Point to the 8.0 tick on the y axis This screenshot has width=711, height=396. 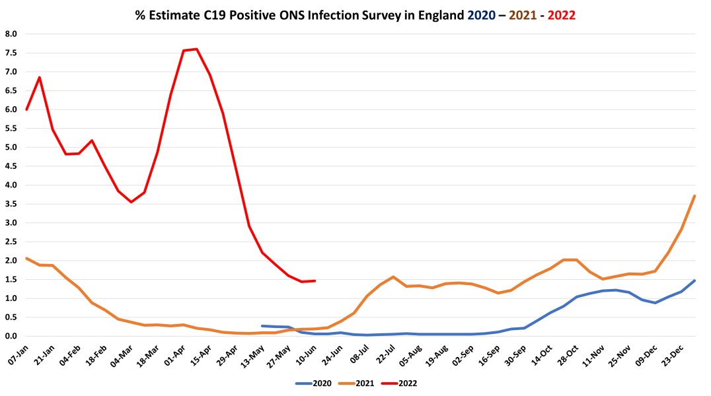pos(11,34)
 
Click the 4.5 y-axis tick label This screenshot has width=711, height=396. pos(11,166)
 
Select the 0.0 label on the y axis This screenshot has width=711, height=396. pos(11,336)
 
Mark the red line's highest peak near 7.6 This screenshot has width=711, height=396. pos(197,49)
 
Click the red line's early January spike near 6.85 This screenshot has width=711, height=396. pos(40,77)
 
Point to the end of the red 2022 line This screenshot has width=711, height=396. pos(315,280)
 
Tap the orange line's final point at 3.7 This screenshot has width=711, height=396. pos(694,196)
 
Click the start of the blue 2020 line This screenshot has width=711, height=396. pos(262,326)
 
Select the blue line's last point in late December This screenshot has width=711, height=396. pos(694,280)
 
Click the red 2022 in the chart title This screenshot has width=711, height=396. pos(562,15)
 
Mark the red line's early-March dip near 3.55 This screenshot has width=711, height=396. pos(131,202)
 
